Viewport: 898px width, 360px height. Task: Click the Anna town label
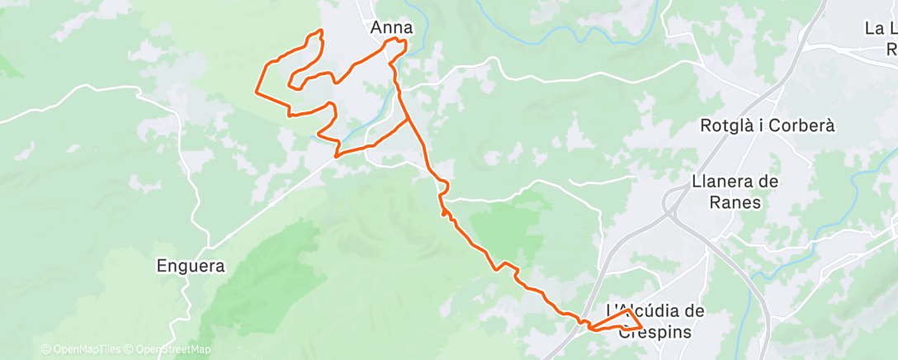[391, 27]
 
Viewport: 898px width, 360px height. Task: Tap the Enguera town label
[191, 267]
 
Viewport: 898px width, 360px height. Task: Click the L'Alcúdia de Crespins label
[656, 320]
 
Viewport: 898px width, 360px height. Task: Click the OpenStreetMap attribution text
[168, 349]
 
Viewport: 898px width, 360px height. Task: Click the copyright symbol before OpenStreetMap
[128, 349]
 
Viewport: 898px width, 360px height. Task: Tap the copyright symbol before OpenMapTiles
[45, 349]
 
